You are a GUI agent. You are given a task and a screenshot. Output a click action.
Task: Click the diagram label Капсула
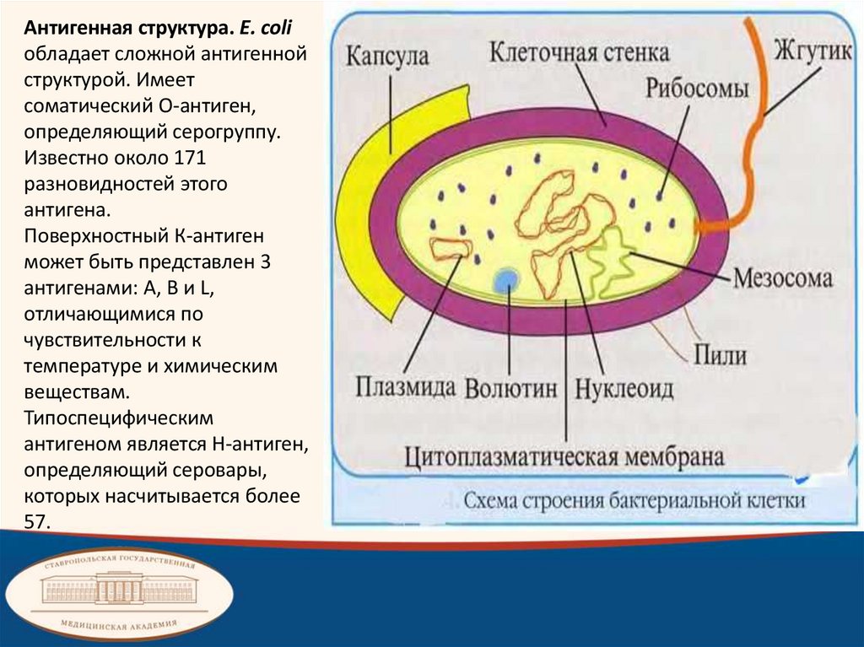pyautogui.click(x=387, y=57)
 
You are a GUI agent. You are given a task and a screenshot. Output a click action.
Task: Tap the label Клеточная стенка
pyautogui.click(x=580, y=52)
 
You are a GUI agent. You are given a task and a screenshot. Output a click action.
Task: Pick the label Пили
pyautogui.click(x=720, y=353)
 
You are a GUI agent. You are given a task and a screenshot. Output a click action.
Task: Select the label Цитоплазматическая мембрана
pyautogui.click(x=564, y=458)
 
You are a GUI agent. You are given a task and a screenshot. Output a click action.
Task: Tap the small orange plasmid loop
pyautogui.click(x=451, y=248)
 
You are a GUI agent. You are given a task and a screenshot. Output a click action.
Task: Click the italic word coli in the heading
pyautogui.click(x=276, y=28)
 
